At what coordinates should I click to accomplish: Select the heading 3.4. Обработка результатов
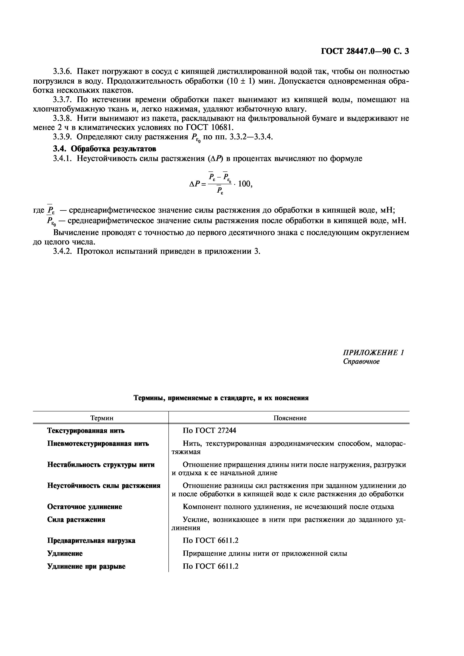click(105, 149)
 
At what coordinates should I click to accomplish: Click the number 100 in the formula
click(244, 184)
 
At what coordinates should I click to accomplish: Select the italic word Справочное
click(361, 361)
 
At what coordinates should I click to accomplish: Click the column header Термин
click(102, 418)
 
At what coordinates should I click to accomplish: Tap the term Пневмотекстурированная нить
click(98, 444)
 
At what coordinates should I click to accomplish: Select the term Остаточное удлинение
click(84, 507)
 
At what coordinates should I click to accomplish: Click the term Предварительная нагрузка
click(91, 541)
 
